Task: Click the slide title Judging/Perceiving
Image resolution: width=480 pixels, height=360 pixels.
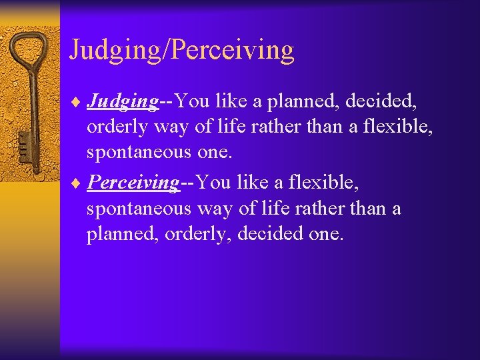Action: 181,51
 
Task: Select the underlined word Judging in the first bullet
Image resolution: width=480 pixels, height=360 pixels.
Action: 123,101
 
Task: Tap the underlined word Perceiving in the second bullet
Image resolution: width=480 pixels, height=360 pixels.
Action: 133,182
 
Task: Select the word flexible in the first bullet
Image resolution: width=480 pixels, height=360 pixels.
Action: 397,127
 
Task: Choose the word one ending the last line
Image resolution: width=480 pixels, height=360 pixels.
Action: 327,235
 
